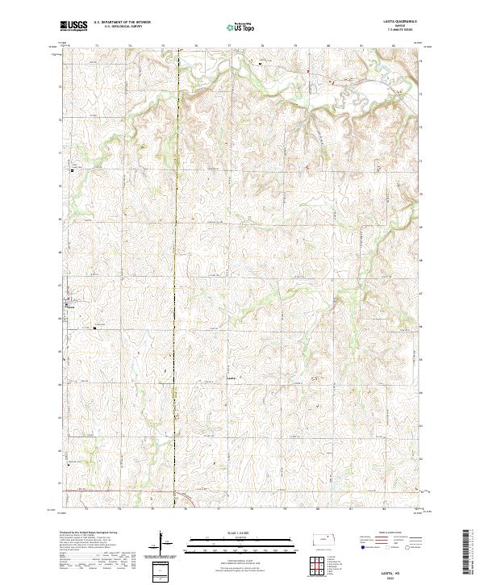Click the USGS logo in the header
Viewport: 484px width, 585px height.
73,26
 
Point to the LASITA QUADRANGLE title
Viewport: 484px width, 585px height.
394,23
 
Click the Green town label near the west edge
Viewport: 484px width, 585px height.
70,307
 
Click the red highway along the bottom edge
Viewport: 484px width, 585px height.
121,491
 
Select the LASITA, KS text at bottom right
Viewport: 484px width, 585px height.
392,570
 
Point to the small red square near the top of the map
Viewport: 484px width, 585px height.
307,73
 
